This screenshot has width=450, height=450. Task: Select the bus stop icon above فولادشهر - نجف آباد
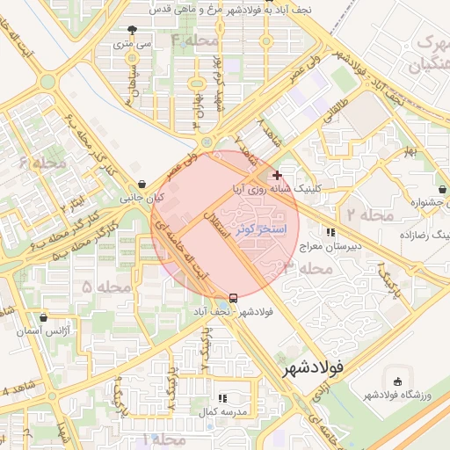coord(233,297)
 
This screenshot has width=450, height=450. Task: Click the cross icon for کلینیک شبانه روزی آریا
coord(278,176)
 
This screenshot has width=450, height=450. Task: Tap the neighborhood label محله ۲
coord(365,214)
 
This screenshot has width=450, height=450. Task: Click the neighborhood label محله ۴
coord(195,40)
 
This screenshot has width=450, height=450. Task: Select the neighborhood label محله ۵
coord(106,287)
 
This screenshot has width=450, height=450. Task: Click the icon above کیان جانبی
coord(142,185)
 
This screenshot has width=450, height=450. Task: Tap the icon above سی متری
coord(132,29)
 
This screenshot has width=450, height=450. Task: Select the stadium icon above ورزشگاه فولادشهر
coord(398,382)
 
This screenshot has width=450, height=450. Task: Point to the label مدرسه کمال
coord(214,411)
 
